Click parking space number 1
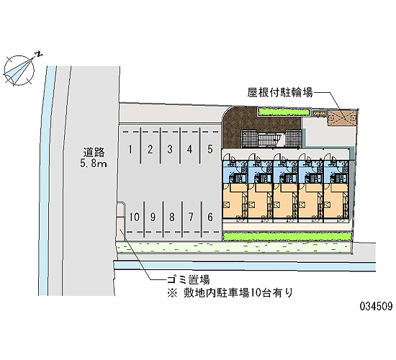130,149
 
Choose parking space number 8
172,217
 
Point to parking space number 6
210,217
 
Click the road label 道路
94,153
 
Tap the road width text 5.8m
94,163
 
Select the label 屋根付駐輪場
280,92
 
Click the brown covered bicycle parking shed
342,117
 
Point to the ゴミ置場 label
188,279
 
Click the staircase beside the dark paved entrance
269,140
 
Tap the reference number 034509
377,306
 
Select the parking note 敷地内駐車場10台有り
238,293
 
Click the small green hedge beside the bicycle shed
284,112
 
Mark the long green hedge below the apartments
287,236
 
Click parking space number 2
150,149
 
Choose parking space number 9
153,217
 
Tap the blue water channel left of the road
48,181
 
